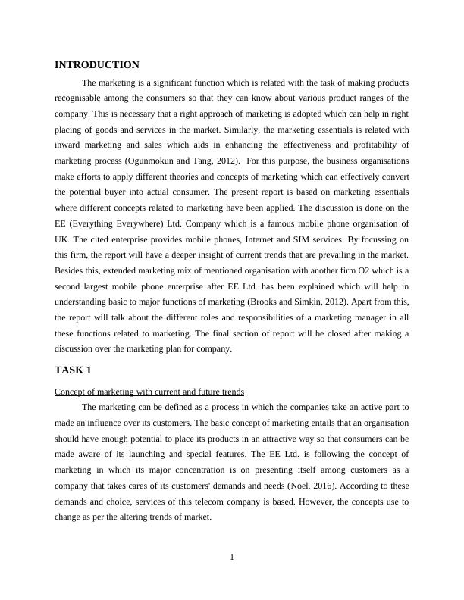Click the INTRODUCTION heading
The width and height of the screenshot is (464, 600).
(x=97, y=65)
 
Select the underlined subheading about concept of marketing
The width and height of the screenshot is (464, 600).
(x=149, y=392)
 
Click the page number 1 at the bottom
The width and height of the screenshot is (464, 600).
(x=232, y=558)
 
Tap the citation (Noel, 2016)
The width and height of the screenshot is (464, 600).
(x=285, y=470)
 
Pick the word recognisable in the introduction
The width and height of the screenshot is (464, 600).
(x=83, y=98)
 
